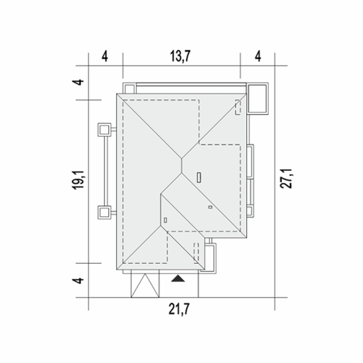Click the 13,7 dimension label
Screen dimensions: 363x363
pos(180,56)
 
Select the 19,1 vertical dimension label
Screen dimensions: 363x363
pos(78,180)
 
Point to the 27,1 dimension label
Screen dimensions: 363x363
pos(286,178)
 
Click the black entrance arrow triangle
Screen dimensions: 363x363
pos(178,278)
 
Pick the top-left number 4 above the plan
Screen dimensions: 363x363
pos(105,56)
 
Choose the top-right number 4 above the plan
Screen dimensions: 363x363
pos(258,56)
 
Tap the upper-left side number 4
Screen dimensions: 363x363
pos(78,82)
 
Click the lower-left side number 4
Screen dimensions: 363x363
pos(78,280)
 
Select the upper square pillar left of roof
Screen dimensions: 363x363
pos(104,130)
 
